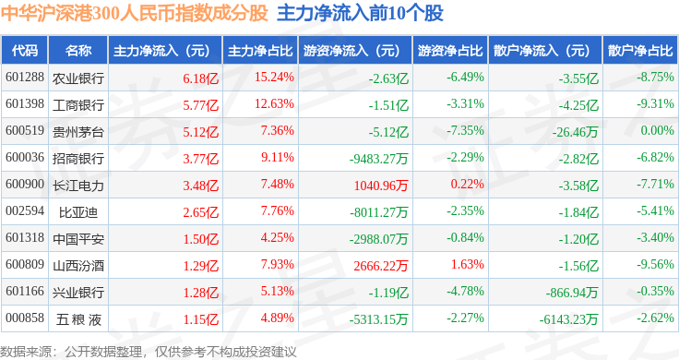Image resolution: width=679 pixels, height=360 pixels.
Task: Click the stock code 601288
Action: pyautogui.click(x=25, y=78)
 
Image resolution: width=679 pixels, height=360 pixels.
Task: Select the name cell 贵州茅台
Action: pyautogui.click(x=78, y=132)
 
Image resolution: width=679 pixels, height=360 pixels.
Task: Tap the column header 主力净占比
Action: pyautogui.click(x=260, y=51)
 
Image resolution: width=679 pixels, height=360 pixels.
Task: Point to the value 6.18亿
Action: pyautogui.click(x=200, y=78)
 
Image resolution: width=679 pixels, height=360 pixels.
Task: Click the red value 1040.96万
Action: pyautogui.click(x=381, y=186)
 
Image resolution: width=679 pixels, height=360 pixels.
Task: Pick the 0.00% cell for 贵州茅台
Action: pyautogui.click(x=658, y=130)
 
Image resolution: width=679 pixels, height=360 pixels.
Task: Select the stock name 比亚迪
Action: pyautogui.click(x=78, y=212)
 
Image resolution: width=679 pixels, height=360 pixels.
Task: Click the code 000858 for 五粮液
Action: pyautogui.click(x=25, y=318)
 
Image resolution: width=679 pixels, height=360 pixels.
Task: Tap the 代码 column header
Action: pyautogui.click(x=25, y=51)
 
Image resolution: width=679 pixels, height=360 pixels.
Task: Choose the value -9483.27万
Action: pyautogui.click(x=379, y=159)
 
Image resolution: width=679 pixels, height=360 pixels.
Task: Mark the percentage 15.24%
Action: pyautogui.click(x=274, y=78)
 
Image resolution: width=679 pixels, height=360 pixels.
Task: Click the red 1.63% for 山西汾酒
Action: pyautogui.click(x=467, y=264)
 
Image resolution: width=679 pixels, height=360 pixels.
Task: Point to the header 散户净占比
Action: pyautogui.click(x=640, y=51)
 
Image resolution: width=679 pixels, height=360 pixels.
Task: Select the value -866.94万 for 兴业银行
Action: pyautogui.click(x=572, y=293)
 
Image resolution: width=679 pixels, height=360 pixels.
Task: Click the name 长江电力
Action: pyautogui.click(x=78, y=186)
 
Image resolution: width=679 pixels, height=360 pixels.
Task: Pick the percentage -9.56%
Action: pyautogui.click(x=655, y=264)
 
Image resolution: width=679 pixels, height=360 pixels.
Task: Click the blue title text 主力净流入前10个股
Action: pyautogui.click(x=361, y=14)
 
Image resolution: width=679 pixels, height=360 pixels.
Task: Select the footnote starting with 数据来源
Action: pyautogui.click(x=149, y=352)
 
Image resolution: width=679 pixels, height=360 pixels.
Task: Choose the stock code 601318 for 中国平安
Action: pyautogui.click(x=25, y=238)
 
